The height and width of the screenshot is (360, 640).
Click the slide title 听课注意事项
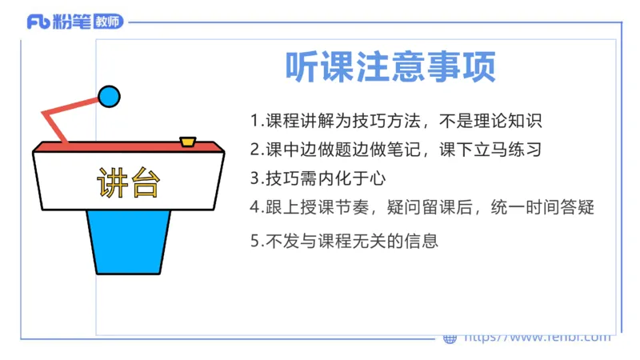(x=390, y=67)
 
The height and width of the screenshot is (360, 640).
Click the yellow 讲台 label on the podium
(x=128, y=183)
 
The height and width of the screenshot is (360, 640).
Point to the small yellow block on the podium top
(x=188, y=142)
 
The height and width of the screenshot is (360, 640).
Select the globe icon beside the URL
(x=450, y=338)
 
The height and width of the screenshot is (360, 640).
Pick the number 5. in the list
(x=256, y=240)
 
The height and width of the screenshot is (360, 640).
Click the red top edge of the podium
(x=128, y=147)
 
